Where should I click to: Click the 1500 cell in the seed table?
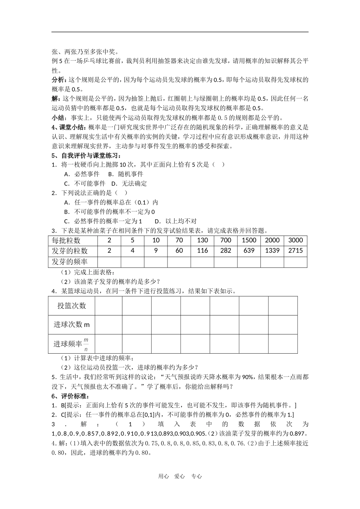[x=249, y=240]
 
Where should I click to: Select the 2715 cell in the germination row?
[x=296, y=251]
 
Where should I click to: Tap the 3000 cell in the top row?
[x=296, y=240]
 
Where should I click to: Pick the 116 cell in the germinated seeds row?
[x=202, y=251]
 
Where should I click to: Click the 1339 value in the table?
[x=272, y=251]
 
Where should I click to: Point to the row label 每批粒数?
[x=66, y=240]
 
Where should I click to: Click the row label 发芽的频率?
[x=70, y=262]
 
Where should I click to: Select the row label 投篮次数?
[x=72, y=306]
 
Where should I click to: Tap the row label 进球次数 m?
[x=72, y=325]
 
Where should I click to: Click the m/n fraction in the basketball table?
[x=86, y=344]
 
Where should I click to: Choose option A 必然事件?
[x=82, y=174]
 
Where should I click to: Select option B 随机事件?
[x=126, y=174]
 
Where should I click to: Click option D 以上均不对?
[x=176, y=221]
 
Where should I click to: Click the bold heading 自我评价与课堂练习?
[x=89, y=156]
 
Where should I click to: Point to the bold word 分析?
[x=58, y=80]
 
